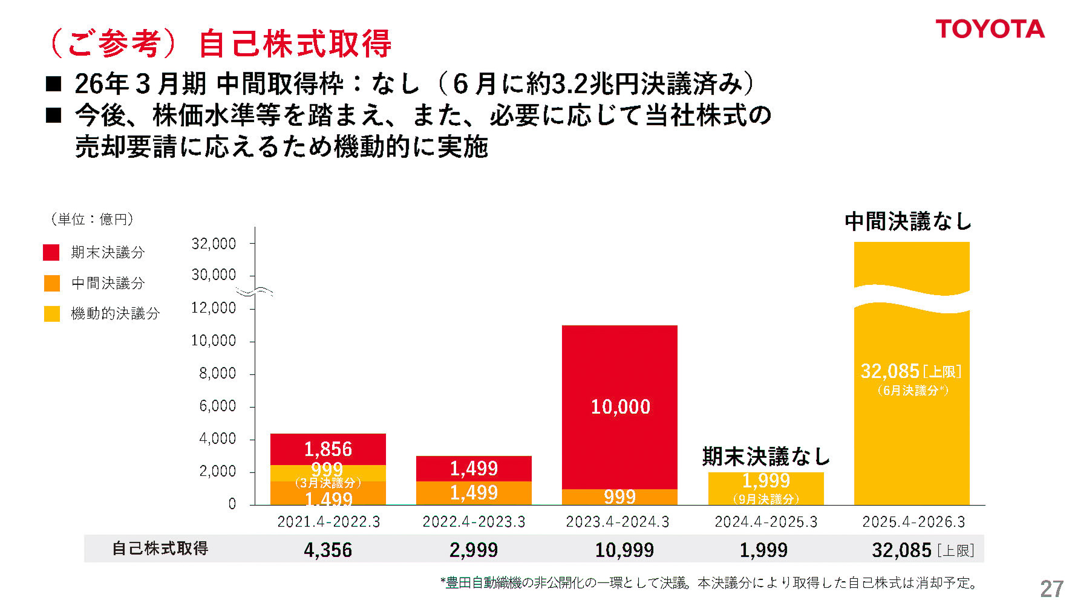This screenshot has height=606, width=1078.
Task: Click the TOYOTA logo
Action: click(990, 29)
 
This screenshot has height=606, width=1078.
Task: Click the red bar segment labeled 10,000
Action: click(619, 406)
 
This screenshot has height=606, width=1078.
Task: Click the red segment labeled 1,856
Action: click(328, 449)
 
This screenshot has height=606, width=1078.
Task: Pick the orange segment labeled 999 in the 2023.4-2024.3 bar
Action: click(619, 497)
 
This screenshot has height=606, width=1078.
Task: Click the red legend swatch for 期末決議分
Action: click(51, 252)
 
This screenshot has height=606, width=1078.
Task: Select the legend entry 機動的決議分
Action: click(115, 313)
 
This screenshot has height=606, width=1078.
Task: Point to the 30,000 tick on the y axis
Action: click(214, 275)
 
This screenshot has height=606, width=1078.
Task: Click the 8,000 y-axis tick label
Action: click(217, 373)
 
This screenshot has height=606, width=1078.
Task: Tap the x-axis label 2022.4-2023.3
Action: click(474, 521)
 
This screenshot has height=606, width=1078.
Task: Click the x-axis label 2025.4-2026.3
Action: click(913, 521)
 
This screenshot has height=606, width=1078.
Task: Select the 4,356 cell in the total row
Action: click(328, 550)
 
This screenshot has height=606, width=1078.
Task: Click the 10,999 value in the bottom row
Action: click(624, 550)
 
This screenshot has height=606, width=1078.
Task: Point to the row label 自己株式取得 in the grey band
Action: click(160, 549)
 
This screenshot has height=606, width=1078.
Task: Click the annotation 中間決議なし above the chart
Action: click(907, 221)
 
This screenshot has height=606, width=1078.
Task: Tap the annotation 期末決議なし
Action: click(766, 457)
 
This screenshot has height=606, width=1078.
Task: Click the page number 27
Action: click(1051, 588)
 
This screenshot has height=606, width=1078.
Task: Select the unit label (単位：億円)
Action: click(91, 219)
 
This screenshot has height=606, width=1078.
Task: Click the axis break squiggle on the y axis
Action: click(255, 292)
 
